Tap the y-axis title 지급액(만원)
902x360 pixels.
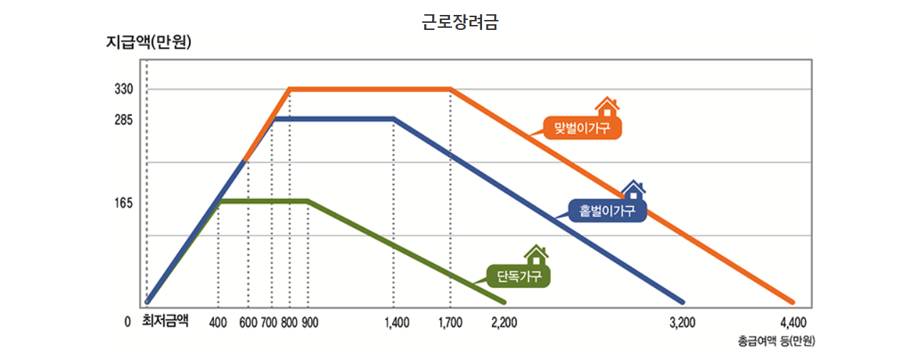(x=148, y=42)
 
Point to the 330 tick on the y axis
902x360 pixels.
(x=124, y=89)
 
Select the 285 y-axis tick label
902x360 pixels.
(x=124, y=119)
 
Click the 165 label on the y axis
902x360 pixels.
(x=124, y=203)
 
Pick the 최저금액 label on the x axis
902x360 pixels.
(x=165, y=322)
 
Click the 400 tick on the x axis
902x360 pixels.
(x=217, y=322)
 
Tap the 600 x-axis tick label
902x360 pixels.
(x=248, y=322)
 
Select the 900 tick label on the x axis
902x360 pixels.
(x=309, y=322)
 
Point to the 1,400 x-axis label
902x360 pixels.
(x=396, y=322)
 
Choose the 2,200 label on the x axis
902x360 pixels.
(x=504, y=322)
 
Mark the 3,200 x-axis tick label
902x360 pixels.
(x=682, y=322)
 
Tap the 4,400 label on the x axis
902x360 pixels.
(x=793, y=322)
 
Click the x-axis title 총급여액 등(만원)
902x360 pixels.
(x=777, y=341)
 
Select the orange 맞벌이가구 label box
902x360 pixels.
(x=582, y=128)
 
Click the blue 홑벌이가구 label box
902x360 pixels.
(x=608, y=210)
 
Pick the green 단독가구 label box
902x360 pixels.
(x=518, y=276)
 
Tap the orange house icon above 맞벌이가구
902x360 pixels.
(x=607, y=107)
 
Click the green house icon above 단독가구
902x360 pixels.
(x=536, y=254)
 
